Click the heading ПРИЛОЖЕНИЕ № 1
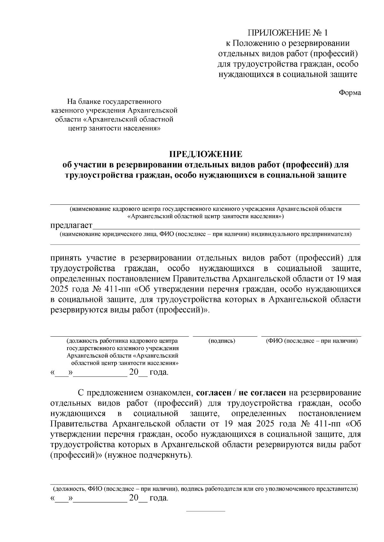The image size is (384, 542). click(288, 33)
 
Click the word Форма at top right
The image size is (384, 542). click(350, 93)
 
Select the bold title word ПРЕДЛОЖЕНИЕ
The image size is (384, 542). click(206, 154)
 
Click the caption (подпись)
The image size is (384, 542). click(222, 341)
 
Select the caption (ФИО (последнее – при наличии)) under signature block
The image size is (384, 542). click(312, 341)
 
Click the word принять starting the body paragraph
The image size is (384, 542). click(67, 258)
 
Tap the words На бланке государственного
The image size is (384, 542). click(114, 102)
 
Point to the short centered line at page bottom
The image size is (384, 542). click(206, 511)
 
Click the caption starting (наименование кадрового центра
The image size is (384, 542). click(205, 209)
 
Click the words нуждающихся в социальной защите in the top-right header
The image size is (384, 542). click(288, 75)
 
